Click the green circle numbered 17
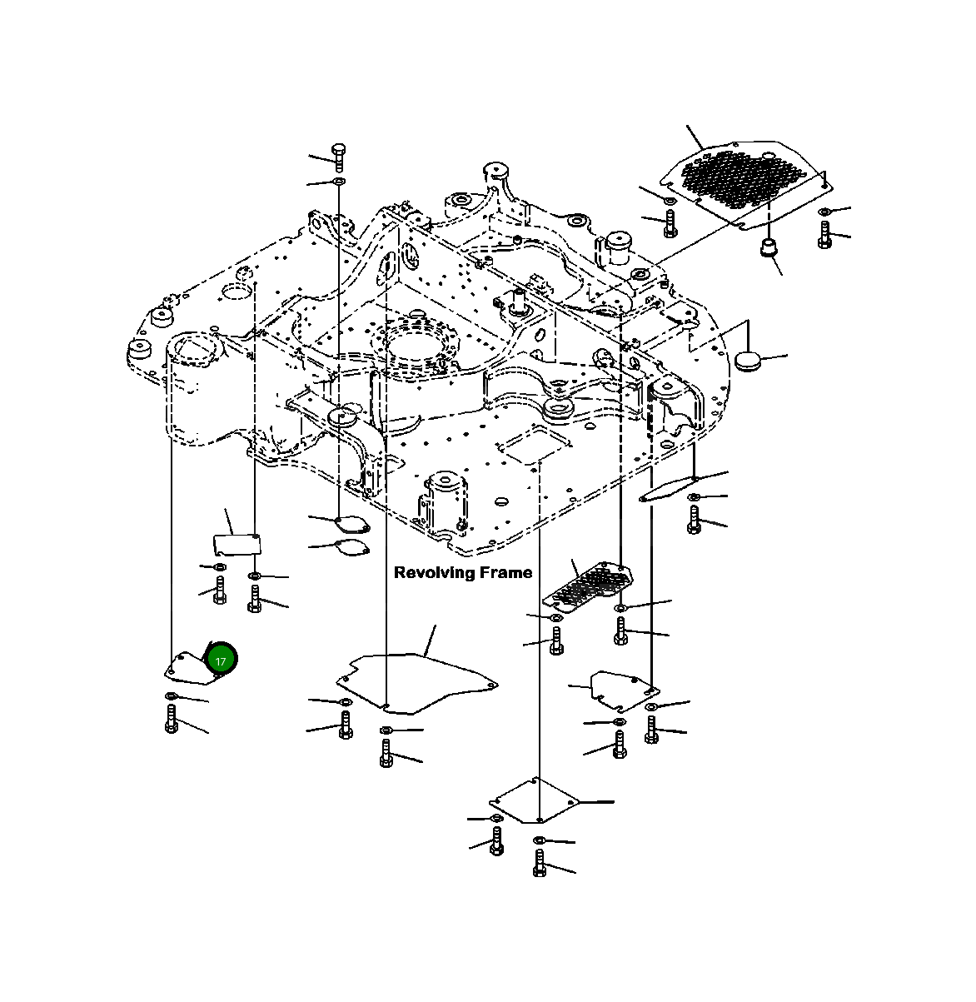pos(221,661)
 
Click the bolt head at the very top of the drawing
pos(339,150)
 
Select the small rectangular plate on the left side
pos(235,544)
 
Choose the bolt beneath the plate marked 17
pos(171,718)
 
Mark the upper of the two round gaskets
pos(351,524)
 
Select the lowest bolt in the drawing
pos(539,863)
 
